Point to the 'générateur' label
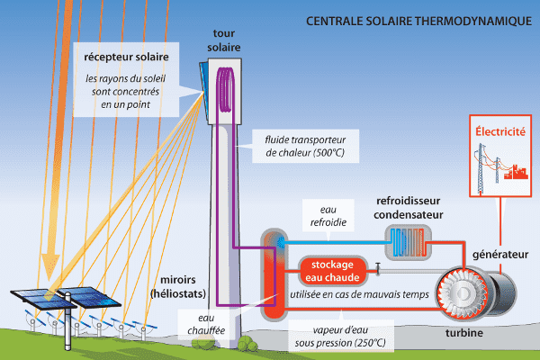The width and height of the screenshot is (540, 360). (498, 256)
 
